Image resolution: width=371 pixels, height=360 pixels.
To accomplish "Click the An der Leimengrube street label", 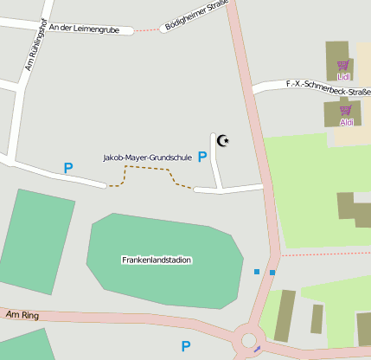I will pyautogui.click(x=84, y=29).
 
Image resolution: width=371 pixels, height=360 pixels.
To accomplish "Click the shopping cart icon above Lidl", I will pyautogui.click(x=343, y=65).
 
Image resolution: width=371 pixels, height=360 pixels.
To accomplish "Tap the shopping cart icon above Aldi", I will pyautogui.click(x=346, y=110).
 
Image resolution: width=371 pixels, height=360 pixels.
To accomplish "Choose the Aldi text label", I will pyautogui.click(x=346, y=122).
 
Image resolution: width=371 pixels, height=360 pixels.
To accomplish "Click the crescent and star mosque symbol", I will pyautogui.click(x=223, y=140).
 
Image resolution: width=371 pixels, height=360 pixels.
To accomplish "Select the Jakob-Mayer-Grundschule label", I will pyautogui.click(x=147, y=157).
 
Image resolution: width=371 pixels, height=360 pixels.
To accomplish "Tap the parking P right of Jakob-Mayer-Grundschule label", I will pyautogui.click(x=202, y=157).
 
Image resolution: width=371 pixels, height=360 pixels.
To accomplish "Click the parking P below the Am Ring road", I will pyautogui.click(x=185, y=346).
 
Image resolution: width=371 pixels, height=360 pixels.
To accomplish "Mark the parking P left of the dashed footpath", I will pyautogui.click(x=68, y=168).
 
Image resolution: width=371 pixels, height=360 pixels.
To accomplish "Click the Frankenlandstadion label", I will pyautogui.click(x=157, y=260).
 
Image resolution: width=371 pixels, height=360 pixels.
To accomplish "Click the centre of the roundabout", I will pyautogui.click(x=249, y=339).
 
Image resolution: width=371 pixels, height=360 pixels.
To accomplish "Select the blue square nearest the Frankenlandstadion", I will pyautogui.click(x=257, y=272).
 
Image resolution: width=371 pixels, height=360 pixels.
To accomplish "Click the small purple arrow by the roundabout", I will pyautogui.click(x=256, y=350).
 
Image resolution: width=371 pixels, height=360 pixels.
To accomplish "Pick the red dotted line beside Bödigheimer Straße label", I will pyautogui.click(x=148, y=29).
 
